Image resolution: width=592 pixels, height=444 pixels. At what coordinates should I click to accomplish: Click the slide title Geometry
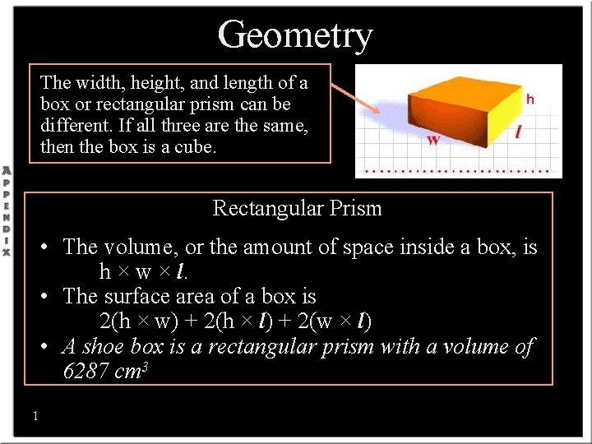pyautogui.click(x=295, y=35)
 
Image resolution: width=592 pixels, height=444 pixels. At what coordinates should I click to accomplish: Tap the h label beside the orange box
pyautogui.click(x=530, y=99)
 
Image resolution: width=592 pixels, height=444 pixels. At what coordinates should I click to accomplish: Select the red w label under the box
pyautogui.click(x=433, y=140)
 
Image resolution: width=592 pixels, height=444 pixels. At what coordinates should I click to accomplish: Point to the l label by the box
pyautogui.click(x=519, y=131)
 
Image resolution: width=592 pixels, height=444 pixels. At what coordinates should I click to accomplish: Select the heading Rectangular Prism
pyautogui.click(x=297, y=208)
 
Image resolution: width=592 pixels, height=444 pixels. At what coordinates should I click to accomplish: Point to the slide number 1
pyautogui.click(x=35, y=416)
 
